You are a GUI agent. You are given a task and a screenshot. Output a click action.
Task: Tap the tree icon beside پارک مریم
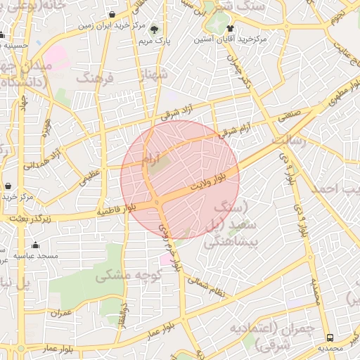[154, 30]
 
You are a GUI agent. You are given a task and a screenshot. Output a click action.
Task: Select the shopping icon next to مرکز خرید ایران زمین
[113, 14]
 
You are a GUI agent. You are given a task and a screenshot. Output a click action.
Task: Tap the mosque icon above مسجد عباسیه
[35, 245]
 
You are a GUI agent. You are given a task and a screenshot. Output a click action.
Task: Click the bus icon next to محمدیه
[330, 337]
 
